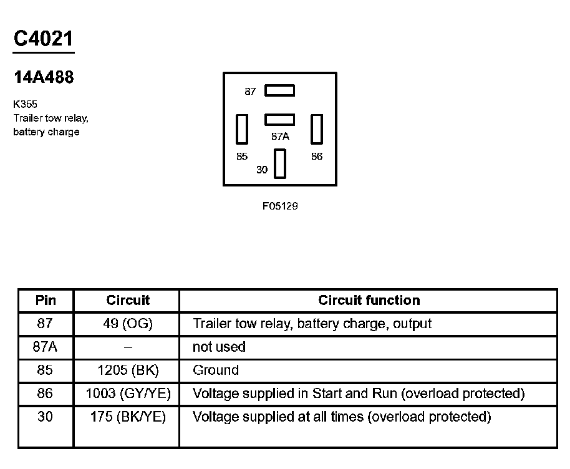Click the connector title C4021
pos(44,39)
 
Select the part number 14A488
pos(44,77)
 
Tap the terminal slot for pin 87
pos(279,90)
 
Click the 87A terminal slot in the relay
pos(279,118)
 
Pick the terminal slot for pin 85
pos(242,129)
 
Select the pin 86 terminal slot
pos(317,129)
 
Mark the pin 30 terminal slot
pos(279,163)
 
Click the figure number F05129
pos(280,206)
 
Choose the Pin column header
pos(46,300)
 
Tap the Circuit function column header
pos(369,300)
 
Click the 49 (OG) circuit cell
pos(128,324)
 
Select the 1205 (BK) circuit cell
pos(128,370)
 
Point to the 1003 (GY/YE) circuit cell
pos(128,394)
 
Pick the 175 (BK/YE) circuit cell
pos(128,417)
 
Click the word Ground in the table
pos(216,370)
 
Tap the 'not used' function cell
pos(220,347)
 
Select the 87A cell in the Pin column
pos(46,347)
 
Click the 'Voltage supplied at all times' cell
pos(342,417)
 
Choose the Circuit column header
pos(128,300)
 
